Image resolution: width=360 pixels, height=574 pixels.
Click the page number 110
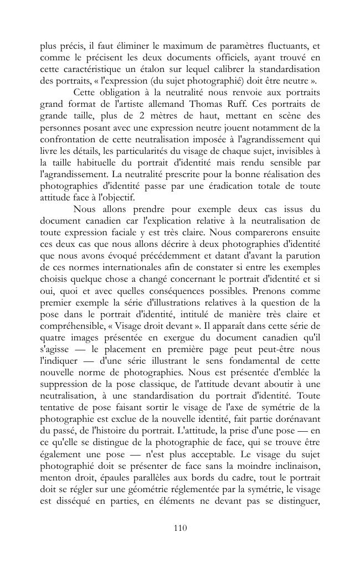coord(180,528)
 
